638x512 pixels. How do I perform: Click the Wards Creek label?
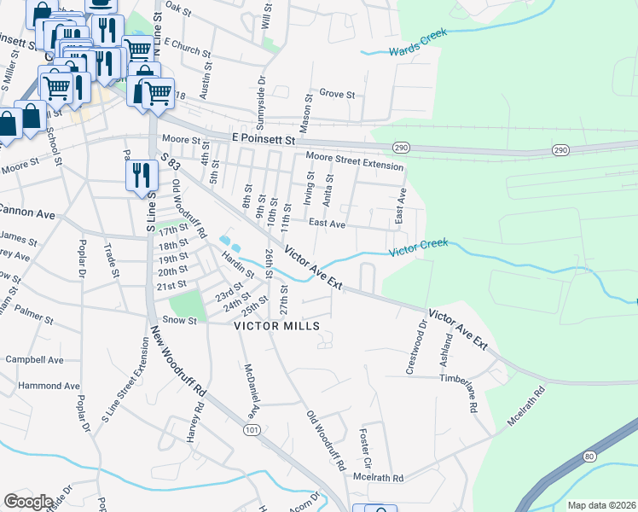tap(417, 51)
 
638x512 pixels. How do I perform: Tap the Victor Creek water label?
tap(419, 246)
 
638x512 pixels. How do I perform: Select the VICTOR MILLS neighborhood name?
tap(277, 326)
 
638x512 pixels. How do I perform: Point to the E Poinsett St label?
tap(264, 138)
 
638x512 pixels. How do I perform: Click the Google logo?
tap(28, 502)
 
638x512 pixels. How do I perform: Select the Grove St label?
tap(336, 94)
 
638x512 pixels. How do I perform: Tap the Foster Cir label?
tap(366, 442)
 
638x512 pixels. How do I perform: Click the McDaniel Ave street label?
tap(252, 388)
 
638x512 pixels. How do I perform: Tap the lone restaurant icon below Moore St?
tap(139, 176)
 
